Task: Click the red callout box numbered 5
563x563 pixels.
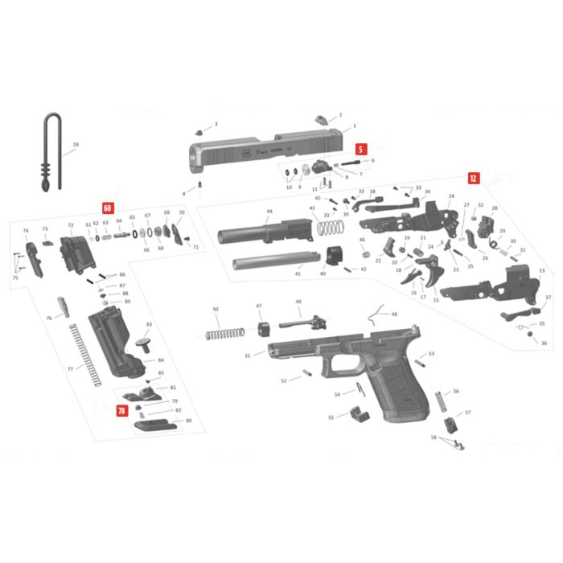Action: [x=361, y=149]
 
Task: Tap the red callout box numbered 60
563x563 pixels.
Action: [x=107, y=208]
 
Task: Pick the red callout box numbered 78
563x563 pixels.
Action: [x=121, y=411]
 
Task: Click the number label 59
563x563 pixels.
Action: [x=76, y=146]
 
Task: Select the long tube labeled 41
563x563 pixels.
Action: [x=273, y=262]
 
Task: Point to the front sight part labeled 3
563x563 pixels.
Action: [x=199, y=130]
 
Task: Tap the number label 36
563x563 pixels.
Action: [x=545, y=343]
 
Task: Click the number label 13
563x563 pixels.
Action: [x=541, y=271]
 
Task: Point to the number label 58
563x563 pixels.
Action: [x=434, y=438]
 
